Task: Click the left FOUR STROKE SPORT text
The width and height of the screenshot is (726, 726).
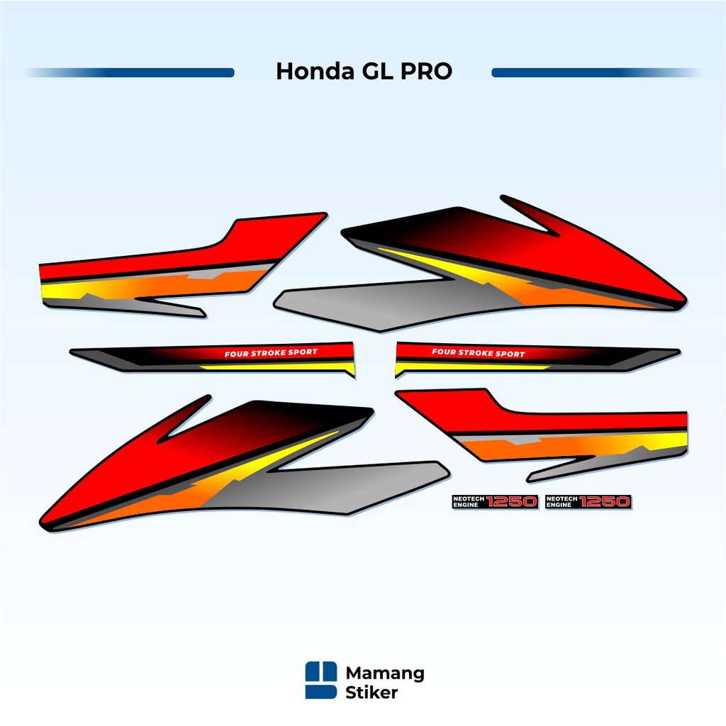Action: click(271, 353)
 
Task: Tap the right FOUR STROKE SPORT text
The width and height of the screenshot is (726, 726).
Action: click(479, 353)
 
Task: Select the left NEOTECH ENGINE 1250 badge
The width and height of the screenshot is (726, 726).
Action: click(495, 502)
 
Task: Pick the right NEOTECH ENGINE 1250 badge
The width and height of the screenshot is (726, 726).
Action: click(588, 502)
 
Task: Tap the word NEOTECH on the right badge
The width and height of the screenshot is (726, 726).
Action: click(561, 498)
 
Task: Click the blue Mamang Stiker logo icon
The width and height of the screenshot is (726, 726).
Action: click(321, 681)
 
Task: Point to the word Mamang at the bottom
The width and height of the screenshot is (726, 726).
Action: click(385, 673)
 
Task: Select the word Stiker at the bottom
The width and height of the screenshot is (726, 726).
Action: click(372, 693)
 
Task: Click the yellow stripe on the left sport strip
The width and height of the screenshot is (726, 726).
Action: click(277, 367)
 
